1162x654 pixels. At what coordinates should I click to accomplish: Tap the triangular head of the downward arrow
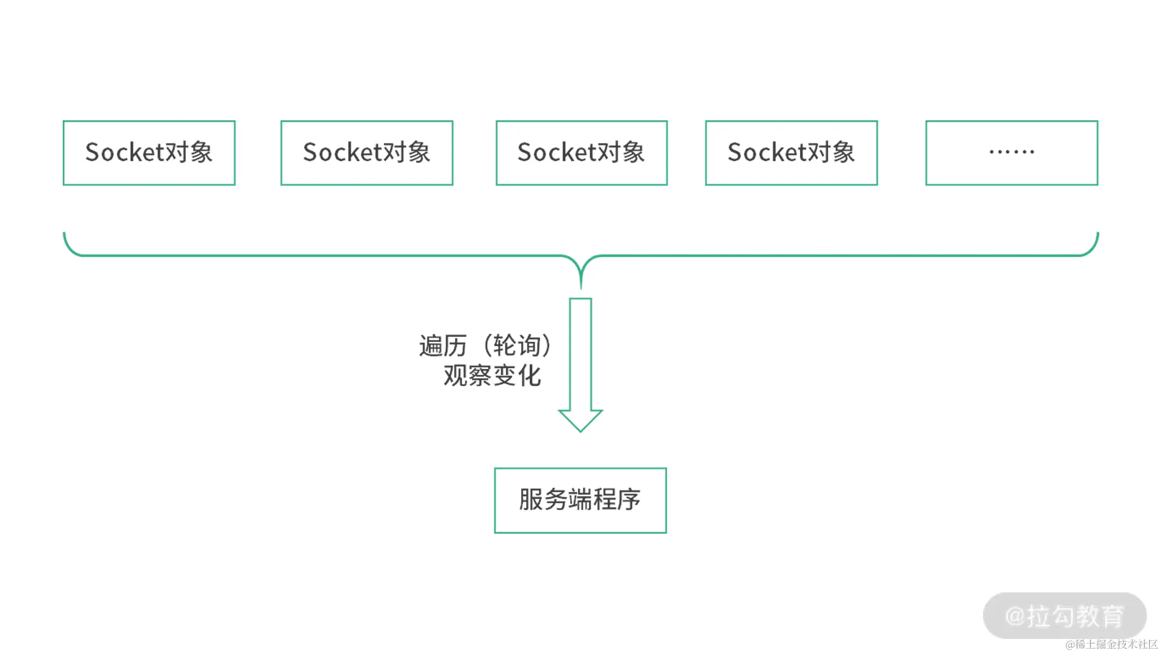pyautogui.click(x=580, y=420)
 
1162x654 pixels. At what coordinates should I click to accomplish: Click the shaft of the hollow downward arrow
pyautogui.click(x=580, y=355)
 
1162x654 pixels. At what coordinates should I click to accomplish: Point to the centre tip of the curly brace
pyautogui.click(x=580, y=282)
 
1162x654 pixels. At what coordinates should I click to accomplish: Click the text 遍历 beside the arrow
pyautogui.click(x=443, y=346)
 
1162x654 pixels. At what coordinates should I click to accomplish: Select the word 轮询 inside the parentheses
pyautogui.click(x=517, y=346)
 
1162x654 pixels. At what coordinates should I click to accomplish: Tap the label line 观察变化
pyautogui.click(x=492, y=376)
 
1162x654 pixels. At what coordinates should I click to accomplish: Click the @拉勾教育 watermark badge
pyautogui.click(x=1064, y=616)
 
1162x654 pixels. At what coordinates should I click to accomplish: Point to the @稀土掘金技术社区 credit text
pyautogui.click(x=1111, y=644)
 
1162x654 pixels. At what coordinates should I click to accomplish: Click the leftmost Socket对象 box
pyautogui.click(x=149, y=153)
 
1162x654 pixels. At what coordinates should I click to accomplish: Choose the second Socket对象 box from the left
pyautogui.click(x=367, y=153)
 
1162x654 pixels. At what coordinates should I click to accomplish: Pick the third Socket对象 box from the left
pyautogui.click(x=581, y=153)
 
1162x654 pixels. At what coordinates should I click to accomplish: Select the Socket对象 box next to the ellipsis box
pyautogui.click(x=791, y=153)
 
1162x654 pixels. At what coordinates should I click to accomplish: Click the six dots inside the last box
pyautogui.click(x=1011, y=152)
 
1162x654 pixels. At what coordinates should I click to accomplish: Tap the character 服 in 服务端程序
pyautogui.click(x=531, y=499)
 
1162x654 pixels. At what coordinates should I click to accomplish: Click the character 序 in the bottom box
pyautogui.click(x=629, y=499)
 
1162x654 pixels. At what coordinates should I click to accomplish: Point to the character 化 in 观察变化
pyautogui.click(x=529, y=376)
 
